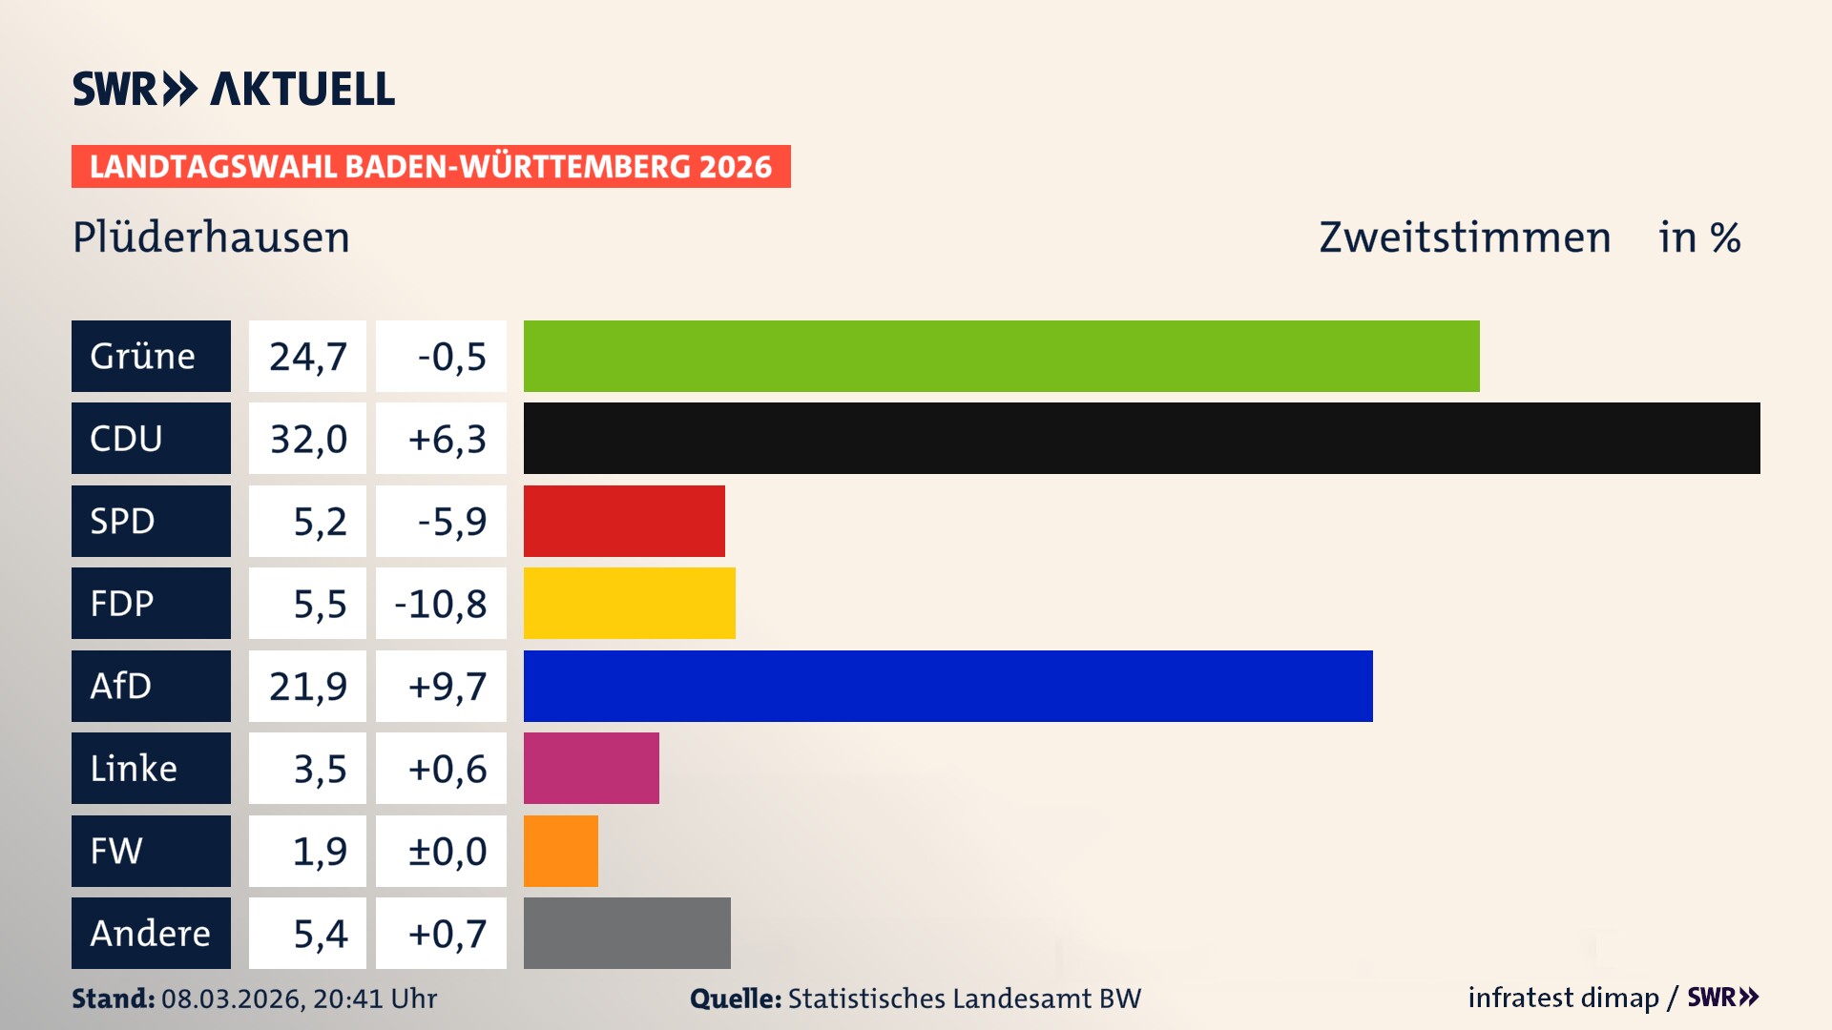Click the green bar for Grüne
click(x=1001, y=356)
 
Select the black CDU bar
click(x=1141, y=439)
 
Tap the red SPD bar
click(x=624, y=521)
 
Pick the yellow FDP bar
click(x=629, y=603)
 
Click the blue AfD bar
click(x=947, y=686)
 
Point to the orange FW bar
click(x=561, y=851)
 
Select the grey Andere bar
click(x=627, y=933)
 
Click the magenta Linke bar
click(x=591, y=768)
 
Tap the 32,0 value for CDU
click(x=307, y=439)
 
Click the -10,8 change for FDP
click(x=441, y=603)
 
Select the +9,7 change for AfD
click(x=447, y=686)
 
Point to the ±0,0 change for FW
click(x=447, y=851)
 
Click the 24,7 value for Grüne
click(x=307, y=356)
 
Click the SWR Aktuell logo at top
click(x=233, y=89)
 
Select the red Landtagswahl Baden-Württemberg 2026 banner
click(x=430, y=166)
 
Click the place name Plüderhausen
click(x=211, y=237)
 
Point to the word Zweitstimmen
click(x=1465, y=237)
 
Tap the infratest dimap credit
click(x=1563, y=998)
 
